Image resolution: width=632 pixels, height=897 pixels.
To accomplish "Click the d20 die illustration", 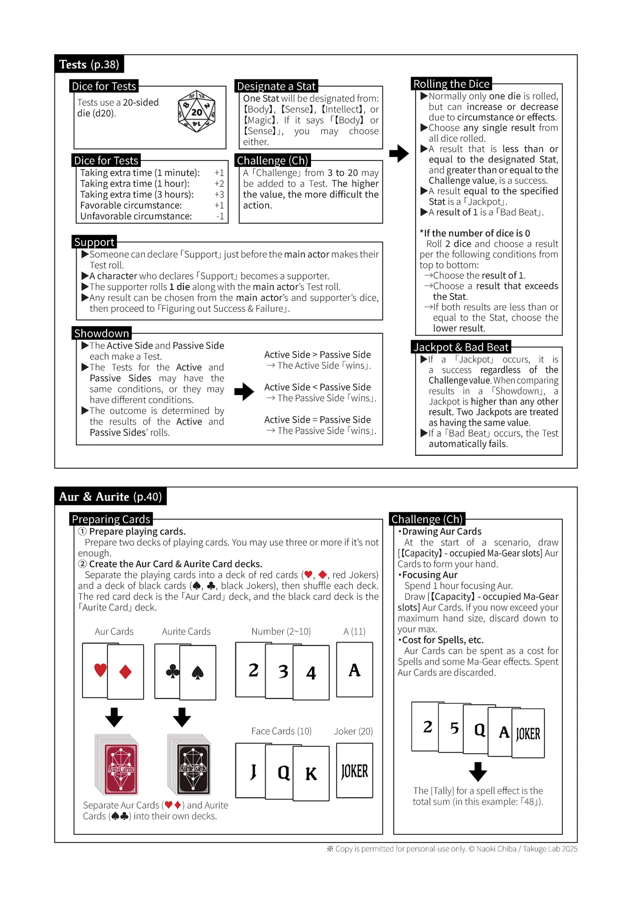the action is coord(197,112).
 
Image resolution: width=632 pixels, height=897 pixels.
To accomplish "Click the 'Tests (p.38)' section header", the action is coord(89,64).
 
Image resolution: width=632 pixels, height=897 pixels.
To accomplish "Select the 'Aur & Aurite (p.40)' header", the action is coord(111,496).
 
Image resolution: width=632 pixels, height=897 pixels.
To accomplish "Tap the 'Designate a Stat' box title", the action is coord(276,86).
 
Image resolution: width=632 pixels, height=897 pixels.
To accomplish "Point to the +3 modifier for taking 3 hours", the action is coord(219,195).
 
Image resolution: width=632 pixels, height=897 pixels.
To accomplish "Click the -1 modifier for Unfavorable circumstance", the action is coord(220,216).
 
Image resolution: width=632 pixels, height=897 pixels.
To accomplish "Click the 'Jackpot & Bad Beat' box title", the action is coord(461,347).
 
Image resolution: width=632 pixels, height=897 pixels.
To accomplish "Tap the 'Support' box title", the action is coord(94,242).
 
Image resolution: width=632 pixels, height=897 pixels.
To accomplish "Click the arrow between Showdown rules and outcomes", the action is coord(244,392).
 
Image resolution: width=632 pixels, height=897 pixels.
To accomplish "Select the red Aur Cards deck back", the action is coord(117,764).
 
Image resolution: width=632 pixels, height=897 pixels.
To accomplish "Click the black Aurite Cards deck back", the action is coord(190,764).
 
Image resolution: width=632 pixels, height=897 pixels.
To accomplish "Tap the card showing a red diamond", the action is coord(125,672).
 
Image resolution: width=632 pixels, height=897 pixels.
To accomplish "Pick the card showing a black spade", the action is coord(197,672).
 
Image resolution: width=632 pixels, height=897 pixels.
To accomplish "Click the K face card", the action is coord(311,773).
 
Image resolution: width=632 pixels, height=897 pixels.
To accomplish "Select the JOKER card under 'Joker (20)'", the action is coord(355,770).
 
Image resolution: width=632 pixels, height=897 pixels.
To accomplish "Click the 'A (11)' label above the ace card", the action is coord(355,631).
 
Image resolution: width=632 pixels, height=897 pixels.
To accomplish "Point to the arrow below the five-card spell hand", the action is coord(477,772).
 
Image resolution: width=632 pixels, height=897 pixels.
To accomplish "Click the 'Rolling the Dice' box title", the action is coord(451,83).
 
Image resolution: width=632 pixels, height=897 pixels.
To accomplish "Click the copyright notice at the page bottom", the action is coord(452,849).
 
